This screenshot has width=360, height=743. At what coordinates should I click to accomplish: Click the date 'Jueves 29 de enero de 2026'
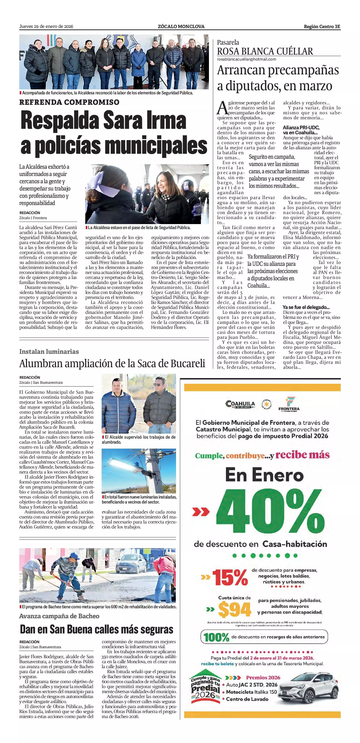coord(46,27)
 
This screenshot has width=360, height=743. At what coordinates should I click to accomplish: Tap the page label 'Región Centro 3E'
coord(322,27)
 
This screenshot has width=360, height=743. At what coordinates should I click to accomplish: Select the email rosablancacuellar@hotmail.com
coord(246,59)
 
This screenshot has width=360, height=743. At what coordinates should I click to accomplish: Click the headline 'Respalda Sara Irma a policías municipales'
coord(114,133)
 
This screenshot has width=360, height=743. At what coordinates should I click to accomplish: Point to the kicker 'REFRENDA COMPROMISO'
coord(69,102)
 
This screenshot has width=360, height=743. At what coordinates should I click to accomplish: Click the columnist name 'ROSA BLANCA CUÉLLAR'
coord(265,51)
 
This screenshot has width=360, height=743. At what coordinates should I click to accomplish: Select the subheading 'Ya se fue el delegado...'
coord(306,307)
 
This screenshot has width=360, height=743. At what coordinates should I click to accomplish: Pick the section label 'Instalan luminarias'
coord(49,352)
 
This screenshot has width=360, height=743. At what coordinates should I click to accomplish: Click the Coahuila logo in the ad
coord(240,404)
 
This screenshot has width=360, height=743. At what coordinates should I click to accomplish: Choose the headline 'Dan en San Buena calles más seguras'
coord(97,629)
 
